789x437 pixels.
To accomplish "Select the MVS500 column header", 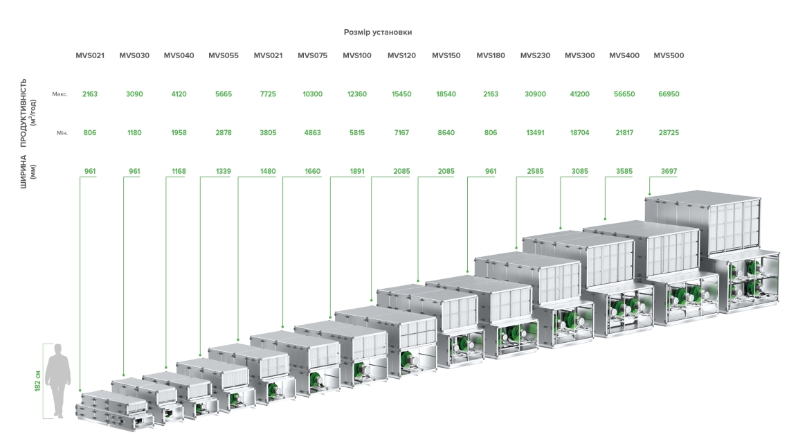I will tap(669, 55).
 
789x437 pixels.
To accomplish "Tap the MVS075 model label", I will tap(313, 55).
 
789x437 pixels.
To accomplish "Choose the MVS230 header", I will tap(535, 55).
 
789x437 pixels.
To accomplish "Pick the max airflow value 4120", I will tap(179, 93).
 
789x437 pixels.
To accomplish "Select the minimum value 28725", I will tap(669, 132).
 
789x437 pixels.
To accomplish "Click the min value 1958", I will tap(179, 132).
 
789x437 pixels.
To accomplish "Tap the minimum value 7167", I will tap(401, 132).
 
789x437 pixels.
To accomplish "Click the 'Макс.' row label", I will tap(60, 94).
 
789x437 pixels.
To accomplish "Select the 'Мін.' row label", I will tap(61, 132).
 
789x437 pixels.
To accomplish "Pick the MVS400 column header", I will tap(624, 55).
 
